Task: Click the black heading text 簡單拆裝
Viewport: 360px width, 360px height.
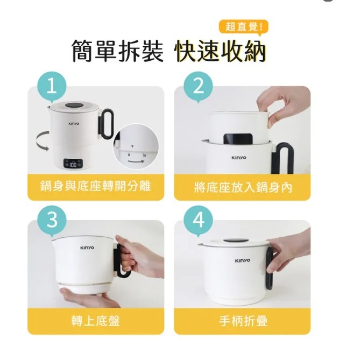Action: (x=117, y=52)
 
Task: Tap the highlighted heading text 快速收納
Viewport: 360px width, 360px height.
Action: (x=221, y=52)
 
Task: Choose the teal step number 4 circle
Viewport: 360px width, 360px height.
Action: (x=199, y=221)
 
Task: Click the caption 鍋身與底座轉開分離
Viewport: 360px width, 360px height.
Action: (x=95, y=187)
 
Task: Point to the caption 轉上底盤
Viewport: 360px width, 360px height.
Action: (x=95, y=321)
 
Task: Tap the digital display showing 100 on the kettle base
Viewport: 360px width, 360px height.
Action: (x=73, y=164)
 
